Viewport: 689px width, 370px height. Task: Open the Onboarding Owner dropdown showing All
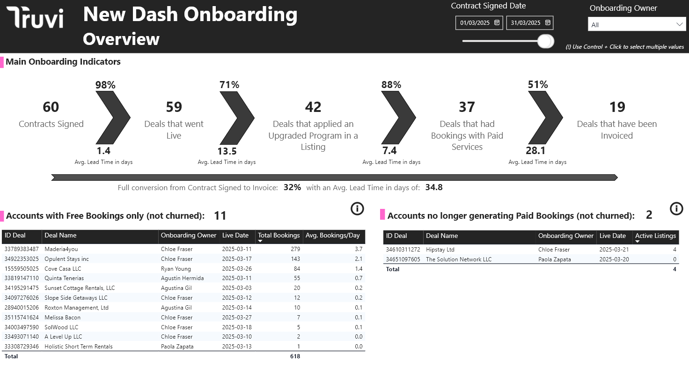[x=637, y=25]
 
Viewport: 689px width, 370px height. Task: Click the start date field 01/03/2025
[x=479, y=22]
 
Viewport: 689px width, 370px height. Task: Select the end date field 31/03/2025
[x=530, y=22]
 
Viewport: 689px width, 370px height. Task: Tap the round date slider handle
[x=545, y=41]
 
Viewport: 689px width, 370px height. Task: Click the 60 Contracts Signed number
[x=51, y=107]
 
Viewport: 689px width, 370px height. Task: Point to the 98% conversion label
[x=105, y=85]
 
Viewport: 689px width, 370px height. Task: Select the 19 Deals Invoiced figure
[x=617, y=107]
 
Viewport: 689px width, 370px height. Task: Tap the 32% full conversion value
[x=292, y=187]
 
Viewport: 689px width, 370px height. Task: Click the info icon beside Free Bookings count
[x=357, y=209]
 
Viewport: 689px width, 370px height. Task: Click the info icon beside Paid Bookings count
[x=676, y=209]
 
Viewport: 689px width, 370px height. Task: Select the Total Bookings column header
[x=279, y=236]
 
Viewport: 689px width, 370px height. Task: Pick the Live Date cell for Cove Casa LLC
[x=237, y=269]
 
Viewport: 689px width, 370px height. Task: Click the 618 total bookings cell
[x=295, y=356]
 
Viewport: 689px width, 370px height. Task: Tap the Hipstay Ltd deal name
[x=440, y=250]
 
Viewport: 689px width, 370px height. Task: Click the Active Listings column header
[x=655, y=236]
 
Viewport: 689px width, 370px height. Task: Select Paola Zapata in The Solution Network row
[x=555, y=259]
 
